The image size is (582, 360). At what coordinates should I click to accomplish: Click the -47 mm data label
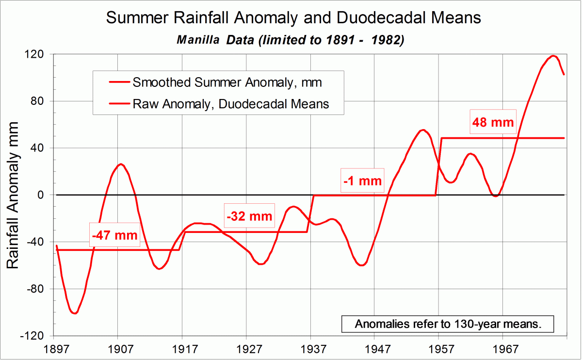(x=115, y=236)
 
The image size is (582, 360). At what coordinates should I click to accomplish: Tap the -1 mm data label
(x=362, y=181)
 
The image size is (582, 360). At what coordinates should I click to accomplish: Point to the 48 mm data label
(x=492, y=122)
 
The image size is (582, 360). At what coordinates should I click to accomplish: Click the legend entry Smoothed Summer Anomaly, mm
(x=227, y=82)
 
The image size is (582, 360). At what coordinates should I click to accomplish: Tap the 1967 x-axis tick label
(x=503, y=349)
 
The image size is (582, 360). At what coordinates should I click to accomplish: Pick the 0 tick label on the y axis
(x=41, y=195)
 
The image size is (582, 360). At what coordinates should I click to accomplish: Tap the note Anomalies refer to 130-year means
(x=448, y=324)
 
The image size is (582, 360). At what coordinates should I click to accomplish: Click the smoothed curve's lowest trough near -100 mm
(x=74, y=313)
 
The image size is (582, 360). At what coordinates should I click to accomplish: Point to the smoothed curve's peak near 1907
(x=121, y=164)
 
